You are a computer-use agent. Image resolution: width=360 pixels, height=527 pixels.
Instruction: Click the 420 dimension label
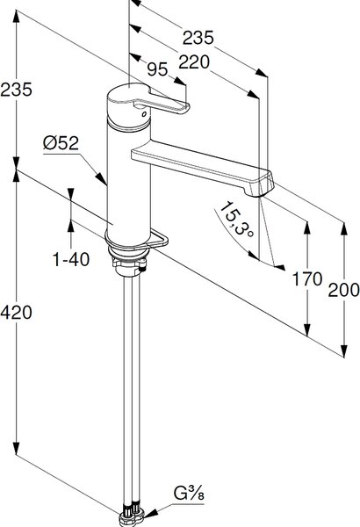point(16,313)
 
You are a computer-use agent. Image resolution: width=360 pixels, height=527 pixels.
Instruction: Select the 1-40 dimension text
point(71,259)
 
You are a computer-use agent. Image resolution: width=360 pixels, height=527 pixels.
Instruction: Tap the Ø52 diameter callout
point(61,143)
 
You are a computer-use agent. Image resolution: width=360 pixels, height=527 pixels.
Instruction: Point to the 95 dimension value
point(157,69)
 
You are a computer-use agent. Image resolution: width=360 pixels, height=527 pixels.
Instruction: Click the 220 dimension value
point(194,62)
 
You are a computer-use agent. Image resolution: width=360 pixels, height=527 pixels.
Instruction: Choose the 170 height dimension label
point(307,279)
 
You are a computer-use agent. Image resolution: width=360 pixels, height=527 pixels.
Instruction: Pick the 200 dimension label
point(343,290)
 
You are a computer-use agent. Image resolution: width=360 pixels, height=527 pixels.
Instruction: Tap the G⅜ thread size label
point(189,494)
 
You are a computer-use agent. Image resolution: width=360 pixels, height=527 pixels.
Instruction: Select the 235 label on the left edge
point(16,90)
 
